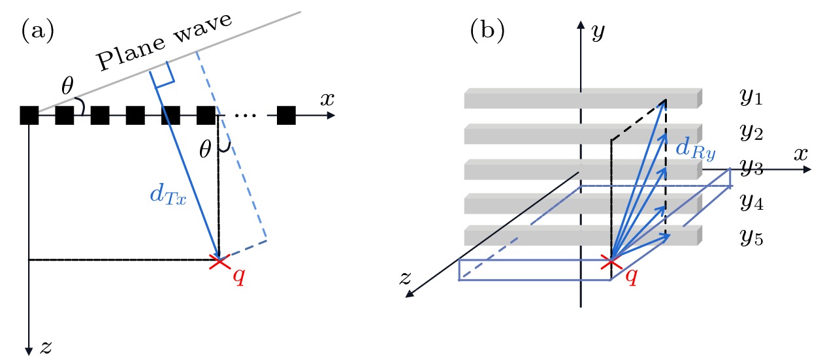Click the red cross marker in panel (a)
pos(218,261)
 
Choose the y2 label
pos(750,133)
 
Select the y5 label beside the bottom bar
pos(750,237)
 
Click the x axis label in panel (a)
pos(327,99)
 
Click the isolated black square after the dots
pos(287,116)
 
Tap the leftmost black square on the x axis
pos(29,116)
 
